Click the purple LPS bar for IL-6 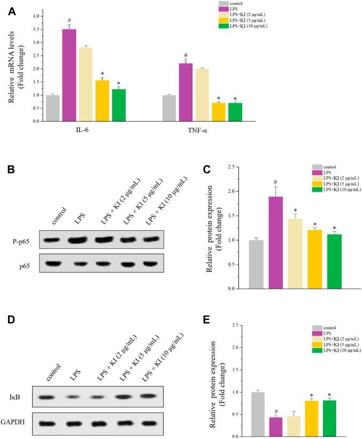coord(69,75)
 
